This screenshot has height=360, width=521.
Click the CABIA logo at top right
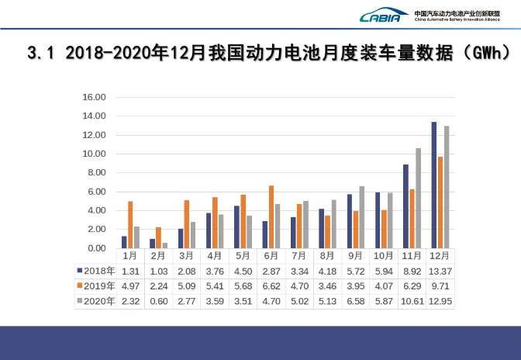pyautogui.click(x=383, y=16)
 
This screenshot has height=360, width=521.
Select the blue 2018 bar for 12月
pyautogui.click(x=433, y=185)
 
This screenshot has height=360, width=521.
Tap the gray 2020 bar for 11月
pyautogui.click(x=418, y=198)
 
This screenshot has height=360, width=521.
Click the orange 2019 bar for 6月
pyautogui.click(x=271, y=216)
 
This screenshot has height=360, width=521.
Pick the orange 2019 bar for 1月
pyautogui.click(x=130, y=224)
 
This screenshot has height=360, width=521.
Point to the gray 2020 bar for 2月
pyautogui.click(x=164, y=245)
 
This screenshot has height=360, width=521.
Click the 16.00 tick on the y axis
pyautogui.click(x=94, y=97)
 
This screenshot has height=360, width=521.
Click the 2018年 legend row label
pyautogui.click(x=99, y=270)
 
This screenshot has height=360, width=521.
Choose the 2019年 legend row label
pyautogui.click(x=99, y=286)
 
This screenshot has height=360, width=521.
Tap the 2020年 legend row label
pyautogui.click(x=99, y=301)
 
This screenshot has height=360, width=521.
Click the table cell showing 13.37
pyautogui.click(x=440, y=270)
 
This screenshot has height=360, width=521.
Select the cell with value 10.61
pyautogui.click(x=412, y=301)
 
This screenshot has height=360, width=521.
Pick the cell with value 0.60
pyautogui.click(x=158, y=301)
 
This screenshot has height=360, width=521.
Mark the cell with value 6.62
pyautogui.click(x=271, y=286)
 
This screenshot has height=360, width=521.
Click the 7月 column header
pyautogui.click(x=299, y=255)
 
